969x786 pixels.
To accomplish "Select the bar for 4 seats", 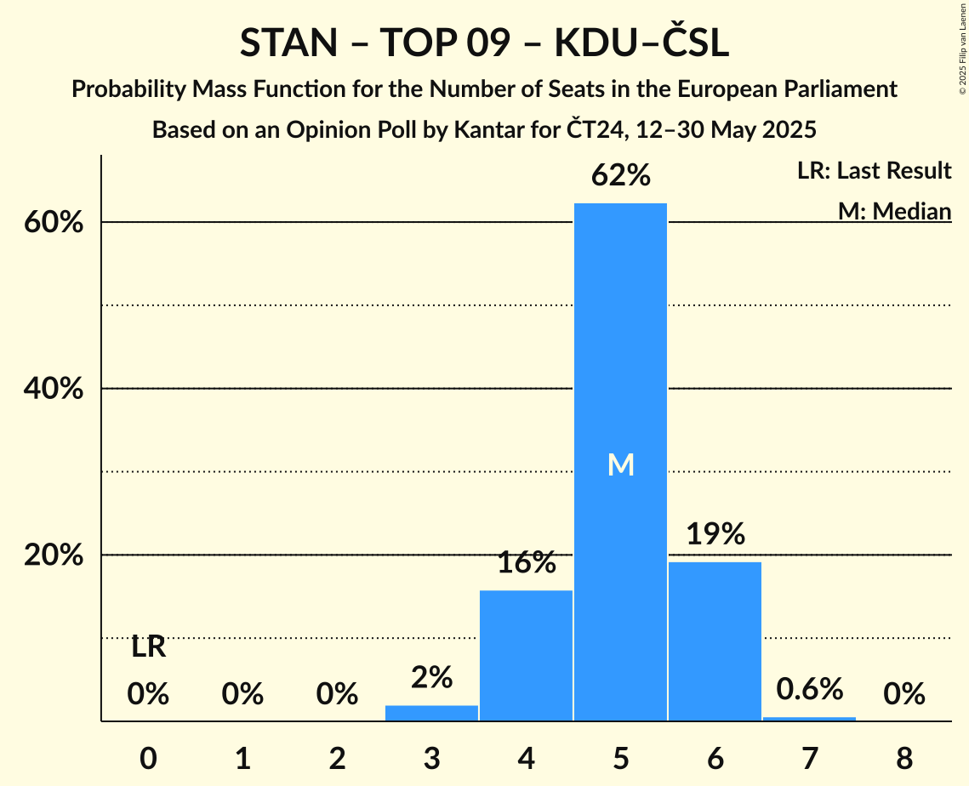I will (526, 655).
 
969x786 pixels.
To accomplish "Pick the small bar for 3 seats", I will (431, 713).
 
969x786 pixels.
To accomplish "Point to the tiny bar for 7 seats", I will (809, 719).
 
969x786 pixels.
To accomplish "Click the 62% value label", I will (621, 176).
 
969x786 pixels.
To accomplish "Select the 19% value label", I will (715, 534).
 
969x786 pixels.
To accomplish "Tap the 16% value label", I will (527, 562).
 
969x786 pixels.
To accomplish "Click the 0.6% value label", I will (809, 690).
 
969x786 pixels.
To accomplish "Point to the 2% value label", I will (431, 677).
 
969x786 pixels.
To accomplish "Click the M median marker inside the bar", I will (621, 464).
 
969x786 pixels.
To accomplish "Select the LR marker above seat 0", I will (148, 647).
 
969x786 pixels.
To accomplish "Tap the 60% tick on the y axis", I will (52, 223).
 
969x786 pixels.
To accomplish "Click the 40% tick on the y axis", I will (52, 389).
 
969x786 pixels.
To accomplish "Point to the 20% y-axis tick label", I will (52, 555).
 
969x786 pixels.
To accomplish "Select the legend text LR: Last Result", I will (874, 171).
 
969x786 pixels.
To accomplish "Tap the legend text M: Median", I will (894, 211).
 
